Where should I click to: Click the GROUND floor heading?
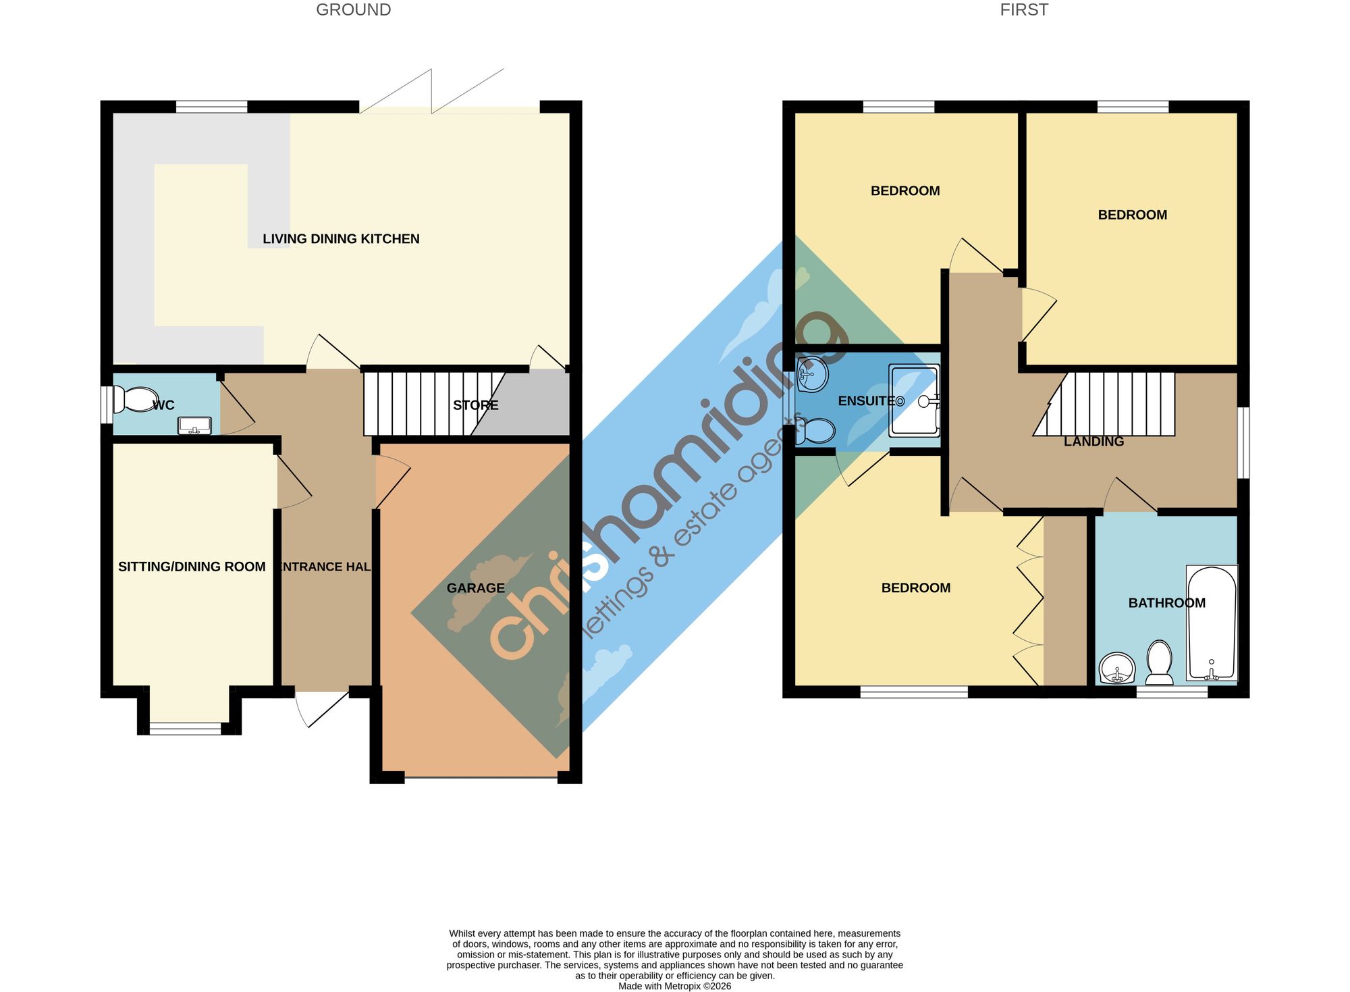coord(353,10)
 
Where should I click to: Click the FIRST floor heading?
coord(1024,10)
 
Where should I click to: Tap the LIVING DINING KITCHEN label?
coord(341,239)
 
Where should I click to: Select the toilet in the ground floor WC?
coord(136,399)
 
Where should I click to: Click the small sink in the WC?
coord(194,426)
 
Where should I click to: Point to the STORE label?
coord(476,405)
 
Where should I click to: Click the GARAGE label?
coord(476,588)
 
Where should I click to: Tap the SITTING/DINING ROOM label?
coord(192,567)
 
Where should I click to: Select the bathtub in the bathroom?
coord(1212,623)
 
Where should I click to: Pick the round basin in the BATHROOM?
coord(1117,669)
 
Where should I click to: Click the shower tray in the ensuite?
coord(915,400)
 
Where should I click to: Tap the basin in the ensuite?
coord(813,374)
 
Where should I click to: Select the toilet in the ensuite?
coord(815,431)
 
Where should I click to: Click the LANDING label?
coord(1093,442)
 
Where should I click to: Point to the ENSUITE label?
coord(867,401)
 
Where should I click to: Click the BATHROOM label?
coord(1166,603)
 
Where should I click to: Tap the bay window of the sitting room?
coord(186,729)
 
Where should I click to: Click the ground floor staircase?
coord(435,404)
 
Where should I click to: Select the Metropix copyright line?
coord(674,986)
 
